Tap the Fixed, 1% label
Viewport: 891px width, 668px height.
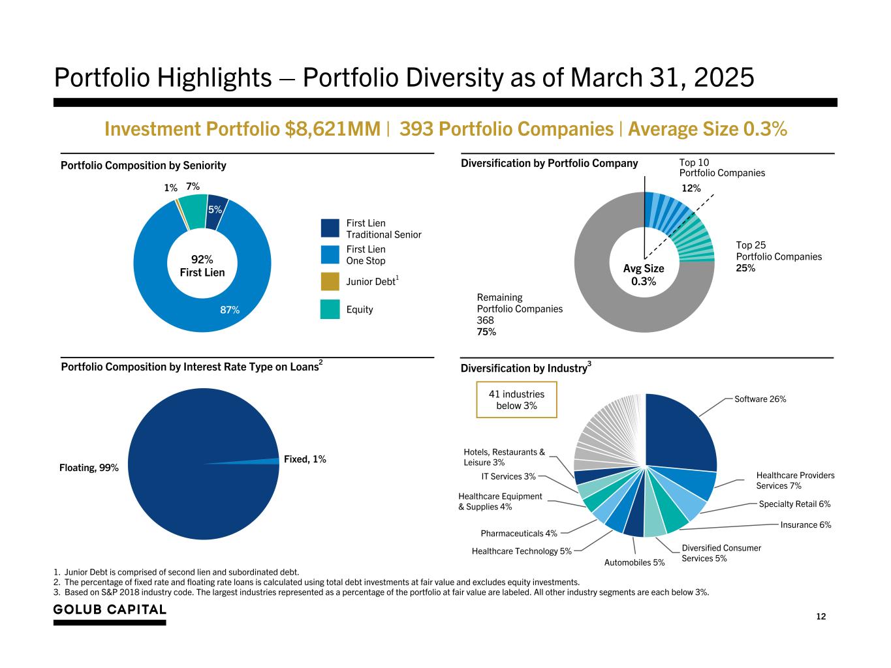coord(305,459)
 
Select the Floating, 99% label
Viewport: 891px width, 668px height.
coord(89,468)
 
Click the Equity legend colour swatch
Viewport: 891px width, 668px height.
coord(330,309)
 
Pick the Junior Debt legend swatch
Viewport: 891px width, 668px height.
coord(330,281)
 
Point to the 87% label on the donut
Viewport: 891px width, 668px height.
coord(230,310)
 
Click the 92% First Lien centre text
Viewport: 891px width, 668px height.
coord(202,266)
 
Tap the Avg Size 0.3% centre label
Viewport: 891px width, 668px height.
coord(644,275)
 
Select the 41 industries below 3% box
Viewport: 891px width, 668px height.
coord(516,400)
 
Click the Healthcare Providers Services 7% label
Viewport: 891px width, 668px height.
coord(795,480)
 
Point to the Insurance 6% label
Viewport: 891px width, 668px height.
coord(805,524)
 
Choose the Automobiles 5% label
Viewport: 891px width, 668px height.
coord(634,562)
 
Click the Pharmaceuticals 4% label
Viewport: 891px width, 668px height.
coord(519,534)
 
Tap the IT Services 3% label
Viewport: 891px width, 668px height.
coord(508,477)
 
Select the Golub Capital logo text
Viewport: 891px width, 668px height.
coord(110,610)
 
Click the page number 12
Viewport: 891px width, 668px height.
coord(821,616)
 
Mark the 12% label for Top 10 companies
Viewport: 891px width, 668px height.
coord(691,189)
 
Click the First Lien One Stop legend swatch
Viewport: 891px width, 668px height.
coord(330,254)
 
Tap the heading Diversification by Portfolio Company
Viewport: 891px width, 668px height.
coord(549,163)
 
